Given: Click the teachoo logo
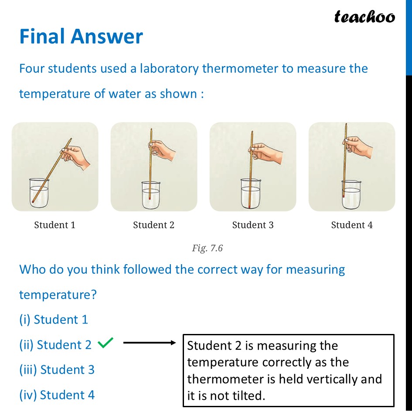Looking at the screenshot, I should (364, 17).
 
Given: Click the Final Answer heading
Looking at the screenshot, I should (81, 37).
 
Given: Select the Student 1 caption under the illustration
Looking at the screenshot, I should (54, 225).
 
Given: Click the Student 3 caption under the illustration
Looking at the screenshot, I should (253, 225).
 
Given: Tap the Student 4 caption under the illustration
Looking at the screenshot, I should (352, 225).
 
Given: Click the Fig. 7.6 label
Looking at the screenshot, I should (207, 248).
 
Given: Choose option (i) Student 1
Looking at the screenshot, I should (54, 320).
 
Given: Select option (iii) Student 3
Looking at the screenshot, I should (57, 370).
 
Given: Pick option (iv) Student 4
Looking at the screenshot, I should (57, 395).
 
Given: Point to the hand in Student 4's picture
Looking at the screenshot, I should (358, 146).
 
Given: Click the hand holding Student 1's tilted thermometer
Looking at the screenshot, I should (76, 155).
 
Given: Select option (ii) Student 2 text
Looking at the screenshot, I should (55, 345).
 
